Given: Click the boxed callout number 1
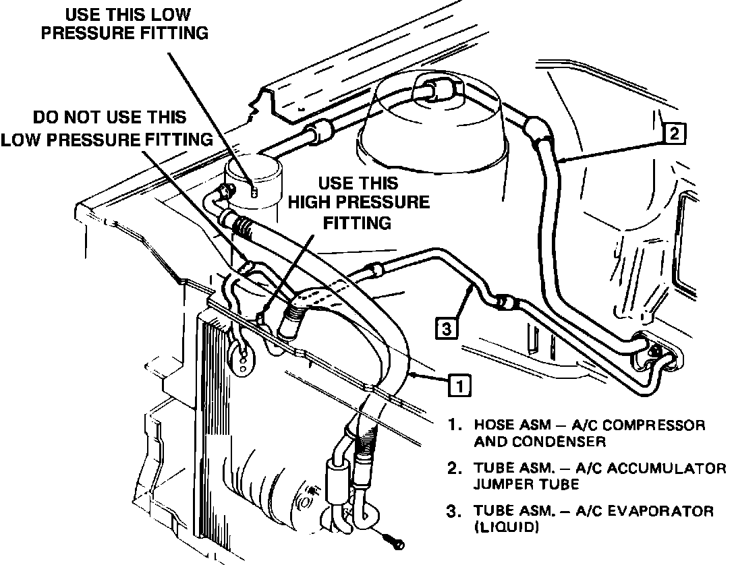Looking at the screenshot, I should [459, 385].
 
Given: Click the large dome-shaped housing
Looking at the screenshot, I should [432, 135].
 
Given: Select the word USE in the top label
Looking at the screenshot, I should [84, 14].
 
